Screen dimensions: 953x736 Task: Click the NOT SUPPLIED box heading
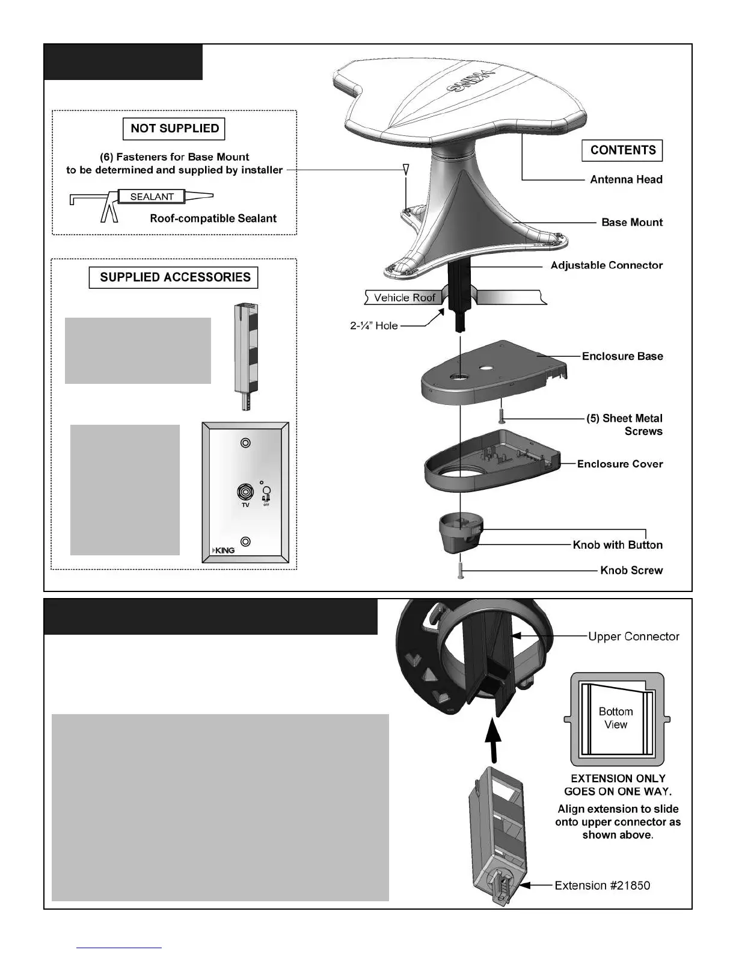coord(174,129)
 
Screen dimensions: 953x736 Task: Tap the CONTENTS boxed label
coord(622,150)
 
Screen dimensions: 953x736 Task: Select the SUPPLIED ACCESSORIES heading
coord(174,277)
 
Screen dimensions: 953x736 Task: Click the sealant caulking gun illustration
coord(141,203)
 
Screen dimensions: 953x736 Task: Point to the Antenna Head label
coord(626,179)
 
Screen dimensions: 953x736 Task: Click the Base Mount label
coord(632,222)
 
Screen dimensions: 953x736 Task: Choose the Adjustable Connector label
coord(606,265)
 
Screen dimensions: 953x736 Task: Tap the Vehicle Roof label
coord(404,298)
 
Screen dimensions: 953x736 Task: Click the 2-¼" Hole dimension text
coord(374,325)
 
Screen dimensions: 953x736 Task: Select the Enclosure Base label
coord(622,356)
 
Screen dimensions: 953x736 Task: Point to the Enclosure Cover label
coord(620,464)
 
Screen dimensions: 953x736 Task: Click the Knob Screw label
coord(631,570)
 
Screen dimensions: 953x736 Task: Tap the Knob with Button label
coord(618,545)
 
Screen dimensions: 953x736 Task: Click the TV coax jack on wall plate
coord(245,492)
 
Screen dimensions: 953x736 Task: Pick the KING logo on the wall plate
coord(224,550)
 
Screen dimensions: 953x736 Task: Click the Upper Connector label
coord(633,637)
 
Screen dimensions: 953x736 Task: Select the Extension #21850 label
coord(602,886)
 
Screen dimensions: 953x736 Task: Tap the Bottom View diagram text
coord(616,718)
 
